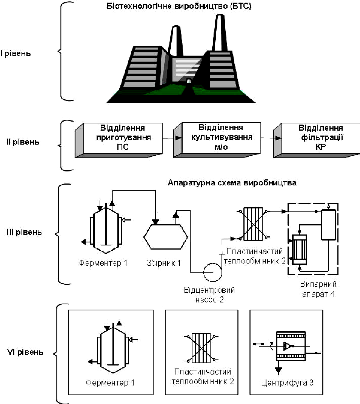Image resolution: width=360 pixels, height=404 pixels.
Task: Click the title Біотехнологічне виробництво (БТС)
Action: [x=179, y=6]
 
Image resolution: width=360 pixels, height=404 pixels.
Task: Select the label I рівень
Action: [x=15, y=54]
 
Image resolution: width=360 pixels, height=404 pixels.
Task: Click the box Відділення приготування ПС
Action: [x=119, y=140]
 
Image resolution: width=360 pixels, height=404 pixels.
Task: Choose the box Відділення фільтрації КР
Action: [x=317, y=140]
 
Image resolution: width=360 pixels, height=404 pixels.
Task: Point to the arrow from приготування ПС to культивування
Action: [x=172, y=138]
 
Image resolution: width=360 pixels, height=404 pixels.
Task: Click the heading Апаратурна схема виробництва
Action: [x=232, y=183]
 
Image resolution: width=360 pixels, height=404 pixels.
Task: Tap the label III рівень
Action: [x=24, y=232]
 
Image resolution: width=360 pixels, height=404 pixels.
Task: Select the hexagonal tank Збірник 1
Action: [x=166, y=237]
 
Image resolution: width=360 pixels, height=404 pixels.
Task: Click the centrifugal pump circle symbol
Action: [x=212, y=272]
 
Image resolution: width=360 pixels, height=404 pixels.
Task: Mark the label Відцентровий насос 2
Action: [x=209, y=295]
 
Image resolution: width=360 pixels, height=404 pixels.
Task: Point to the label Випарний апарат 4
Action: [x=318, y=289]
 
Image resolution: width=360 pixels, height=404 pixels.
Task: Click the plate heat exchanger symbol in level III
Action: [x=253, y=224]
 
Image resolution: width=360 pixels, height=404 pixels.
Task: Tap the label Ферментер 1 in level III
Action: [x=103, y=263]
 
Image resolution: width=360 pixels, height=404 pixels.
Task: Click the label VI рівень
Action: [x=25, y=352]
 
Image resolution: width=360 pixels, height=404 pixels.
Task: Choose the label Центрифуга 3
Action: [x=288, y=383]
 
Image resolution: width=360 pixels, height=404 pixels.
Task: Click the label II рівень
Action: [x=23, y=142]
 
